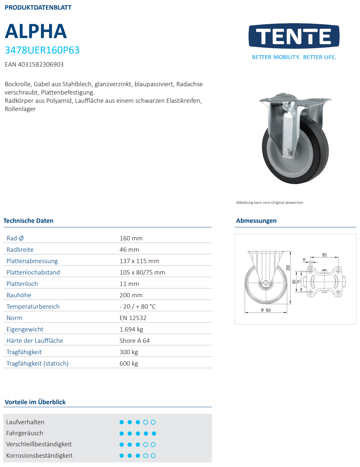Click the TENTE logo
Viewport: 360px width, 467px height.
(294, 36)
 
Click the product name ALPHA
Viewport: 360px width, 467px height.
(36, 31)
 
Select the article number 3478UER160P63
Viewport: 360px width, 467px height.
(42, 50)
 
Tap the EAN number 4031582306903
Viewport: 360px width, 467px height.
(34, 64)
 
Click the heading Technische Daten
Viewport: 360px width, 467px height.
(28, 221)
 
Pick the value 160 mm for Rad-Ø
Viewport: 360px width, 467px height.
(131, 238)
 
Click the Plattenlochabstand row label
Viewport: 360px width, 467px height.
(33, 272)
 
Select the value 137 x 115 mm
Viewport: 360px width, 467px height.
(139, 261)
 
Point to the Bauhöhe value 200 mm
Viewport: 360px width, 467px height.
(131, 295)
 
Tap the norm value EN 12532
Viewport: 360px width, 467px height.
(133, 318)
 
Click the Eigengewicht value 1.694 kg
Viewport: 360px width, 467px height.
(131, 329)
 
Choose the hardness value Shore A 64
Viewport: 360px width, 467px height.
(134, 341)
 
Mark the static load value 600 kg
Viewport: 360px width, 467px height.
(128, 364)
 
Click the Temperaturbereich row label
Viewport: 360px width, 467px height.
(33, 307)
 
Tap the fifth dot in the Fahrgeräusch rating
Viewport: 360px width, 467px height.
(154, 434)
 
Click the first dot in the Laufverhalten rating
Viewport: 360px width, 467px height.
(121, 422)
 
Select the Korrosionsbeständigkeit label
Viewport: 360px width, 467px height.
(39, 456)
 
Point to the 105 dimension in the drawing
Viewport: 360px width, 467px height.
(324, 255)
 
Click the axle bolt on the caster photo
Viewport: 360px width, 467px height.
(287, 152)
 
